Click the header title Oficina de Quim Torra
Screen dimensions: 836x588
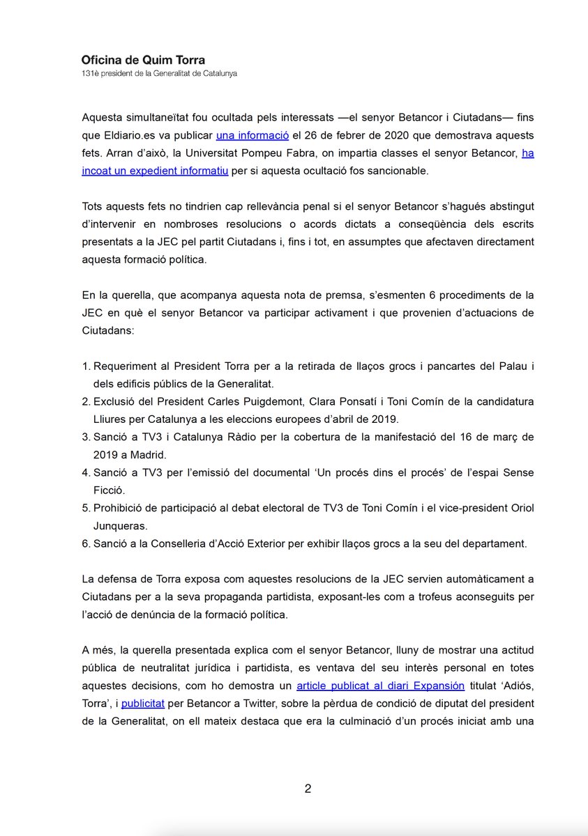tap(143, 60)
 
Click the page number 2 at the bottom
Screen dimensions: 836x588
tap(308, 789)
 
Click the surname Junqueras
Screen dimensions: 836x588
tap(119, 527)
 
